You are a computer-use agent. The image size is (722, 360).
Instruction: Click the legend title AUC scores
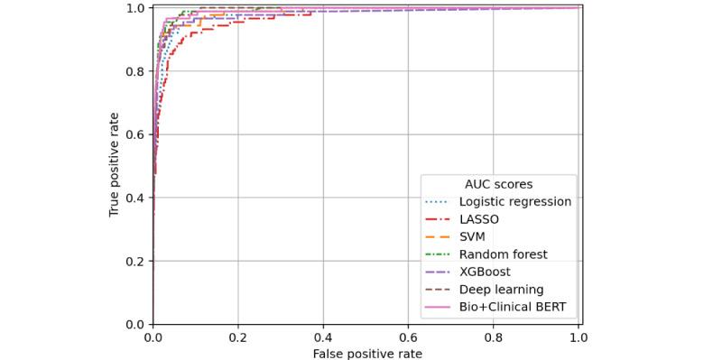(x=498, y=184)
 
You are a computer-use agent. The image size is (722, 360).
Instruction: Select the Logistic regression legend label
(x=514, y=201)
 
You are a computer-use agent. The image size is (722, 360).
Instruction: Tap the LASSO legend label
(x=478, y=219)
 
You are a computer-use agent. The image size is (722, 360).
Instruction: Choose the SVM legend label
(x=473, y=236)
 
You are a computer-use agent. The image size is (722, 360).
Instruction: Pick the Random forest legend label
(x=503, y=254)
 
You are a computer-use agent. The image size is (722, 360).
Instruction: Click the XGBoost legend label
(x=485, y=272)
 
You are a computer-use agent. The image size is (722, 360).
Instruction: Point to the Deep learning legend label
(x=501, y=290)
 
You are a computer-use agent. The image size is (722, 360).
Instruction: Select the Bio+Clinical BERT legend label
(x=513, y=307)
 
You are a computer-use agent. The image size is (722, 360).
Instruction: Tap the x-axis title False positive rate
(x=367, y=353)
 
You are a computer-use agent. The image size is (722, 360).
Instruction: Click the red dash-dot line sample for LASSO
(x=439, y=219)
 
